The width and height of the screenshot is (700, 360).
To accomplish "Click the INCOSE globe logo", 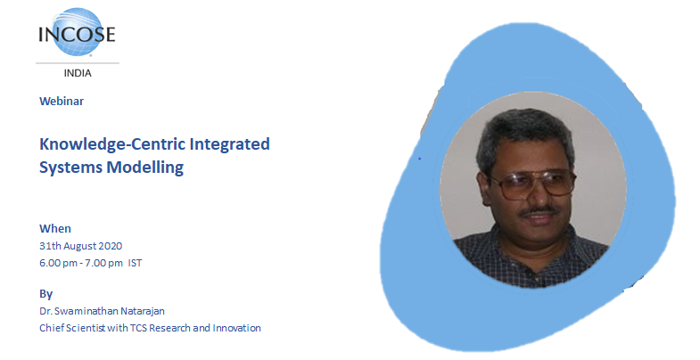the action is [77, 33].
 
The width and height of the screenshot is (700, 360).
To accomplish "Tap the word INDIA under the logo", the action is [78, 73].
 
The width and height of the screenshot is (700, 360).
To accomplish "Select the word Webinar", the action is [62, 102].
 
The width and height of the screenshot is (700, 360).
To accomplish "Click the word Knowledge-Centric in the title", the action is [112, 144].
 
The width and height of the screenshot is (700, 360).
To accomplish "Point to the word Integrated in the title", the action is [229, 144].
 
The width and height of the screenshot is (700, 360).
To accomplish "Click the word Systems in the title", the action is [71, 168].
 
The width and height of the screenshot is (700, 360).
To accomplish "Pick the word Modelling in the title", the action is [145, 168].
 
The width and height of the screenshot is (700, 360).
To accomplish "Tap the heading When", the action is [55, 228].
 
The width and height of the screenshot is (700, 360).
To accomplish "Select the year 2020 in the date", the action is [111, 246].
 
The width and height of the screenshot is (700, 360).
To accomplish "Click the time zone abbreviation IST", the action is [135, 263].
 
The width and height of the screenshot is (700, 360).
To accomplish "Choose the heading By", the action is [46, 294].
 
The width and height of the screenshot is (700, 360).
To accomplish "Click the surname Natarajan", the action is [144, 311].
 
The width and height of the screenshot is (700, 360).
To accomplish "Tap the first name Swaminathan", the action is [87, 311].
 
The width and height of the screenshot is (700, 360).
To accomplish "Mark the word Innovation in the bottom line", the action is [236, 328].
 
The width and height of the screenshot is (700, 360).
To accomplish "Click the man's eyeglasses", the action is [531, 184].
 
